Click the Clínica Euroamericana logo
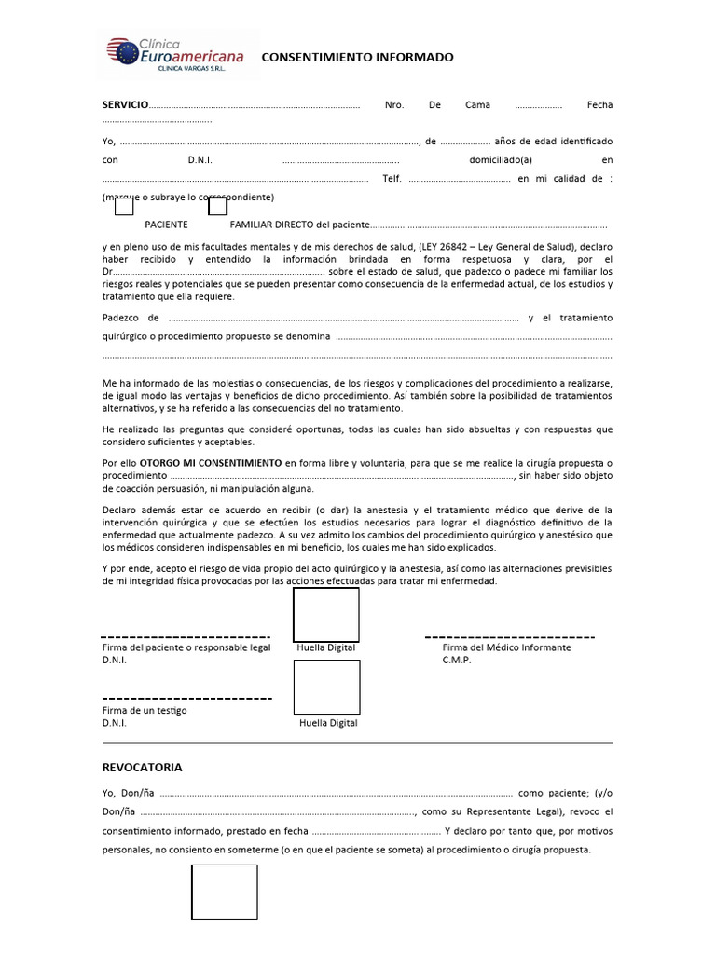(x=175, y=53)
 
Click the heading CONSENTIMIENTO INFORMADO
(x=357, y=58)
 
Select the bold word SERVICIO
(x=125, y=105)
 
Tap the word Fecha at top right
(x=599, y=105)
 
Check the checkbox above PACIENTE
(x=124, y=207)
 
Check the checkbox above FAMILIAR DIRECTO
(x=217, y=207)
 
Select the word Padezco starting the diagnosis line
(x=118, y=318)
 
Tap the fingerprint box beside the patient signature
(x=326, y=615)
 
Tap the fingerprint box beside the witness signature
(x=326, y=687)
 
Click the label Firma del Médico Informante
(x=506, y=647)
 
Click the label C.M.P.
(x=457, y=661)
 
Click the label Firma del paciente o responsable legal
(x=186, y=647)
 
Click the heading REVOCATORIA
(x=142, y=768)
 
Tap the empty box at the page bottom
(x=225, y=892)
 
